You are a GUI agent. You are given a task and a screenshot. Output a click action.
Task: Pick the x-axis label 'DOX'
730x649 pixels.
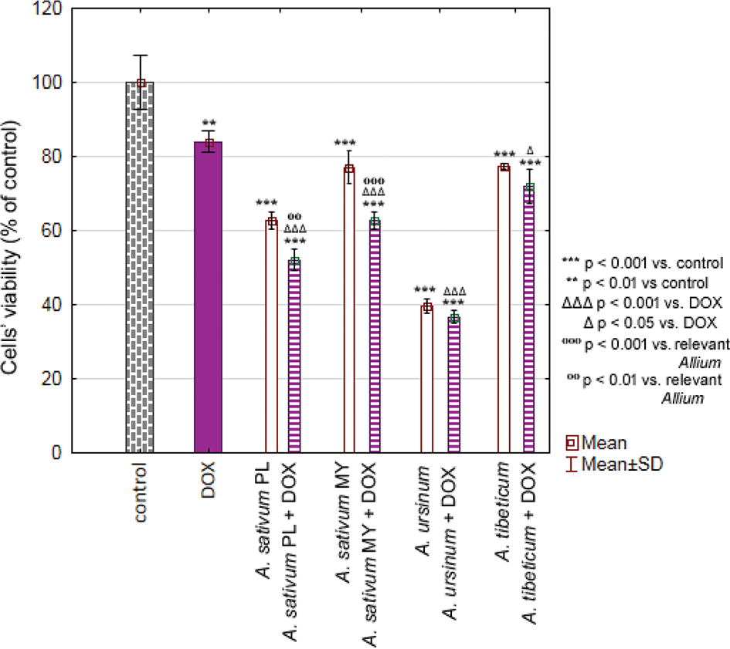coord(208,479)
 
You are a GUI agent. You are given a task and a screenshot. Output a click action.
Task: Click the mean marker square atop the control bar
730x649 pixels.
coord(141,83)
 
